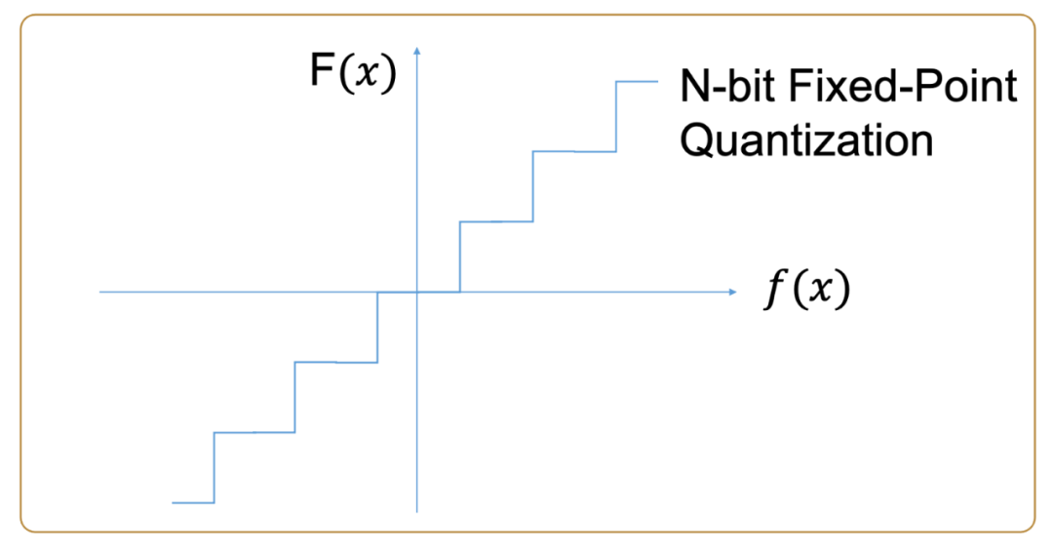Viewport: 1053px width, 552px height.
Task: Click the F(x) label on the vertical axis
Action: (353, 74)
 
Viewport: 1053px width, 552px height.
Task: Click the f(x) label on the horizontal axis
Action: (805, 291)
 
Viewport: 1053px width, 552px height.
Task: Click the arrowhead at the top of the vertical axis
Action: (416, 49)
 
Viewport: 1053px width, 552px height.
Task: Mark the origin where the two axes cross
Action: (416, 292)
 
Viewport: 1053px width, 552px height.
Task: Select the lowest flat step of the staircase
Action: (192, 502)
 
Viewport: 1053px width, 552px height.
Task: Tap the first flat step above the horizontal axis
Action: (496, 221)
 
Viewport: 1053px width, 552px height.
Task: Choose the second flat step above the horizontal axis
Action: (574, 151)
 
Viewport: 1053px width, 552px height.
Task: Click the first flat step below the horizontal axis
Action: (335, 362)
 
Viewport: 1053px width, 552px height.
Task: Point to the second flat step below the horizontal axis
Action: (253, 432)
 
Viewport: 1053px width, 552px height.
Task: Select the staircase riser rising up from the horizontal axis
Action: (459, 256)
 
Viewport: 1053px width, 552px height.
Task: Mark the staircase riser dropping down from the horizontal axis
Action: (377, 327)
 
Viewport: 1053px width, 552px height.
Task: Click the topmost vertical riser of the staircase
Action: (616, 117)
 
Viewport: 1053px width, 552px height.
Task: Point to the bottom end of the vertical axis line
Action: (416, 510)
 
